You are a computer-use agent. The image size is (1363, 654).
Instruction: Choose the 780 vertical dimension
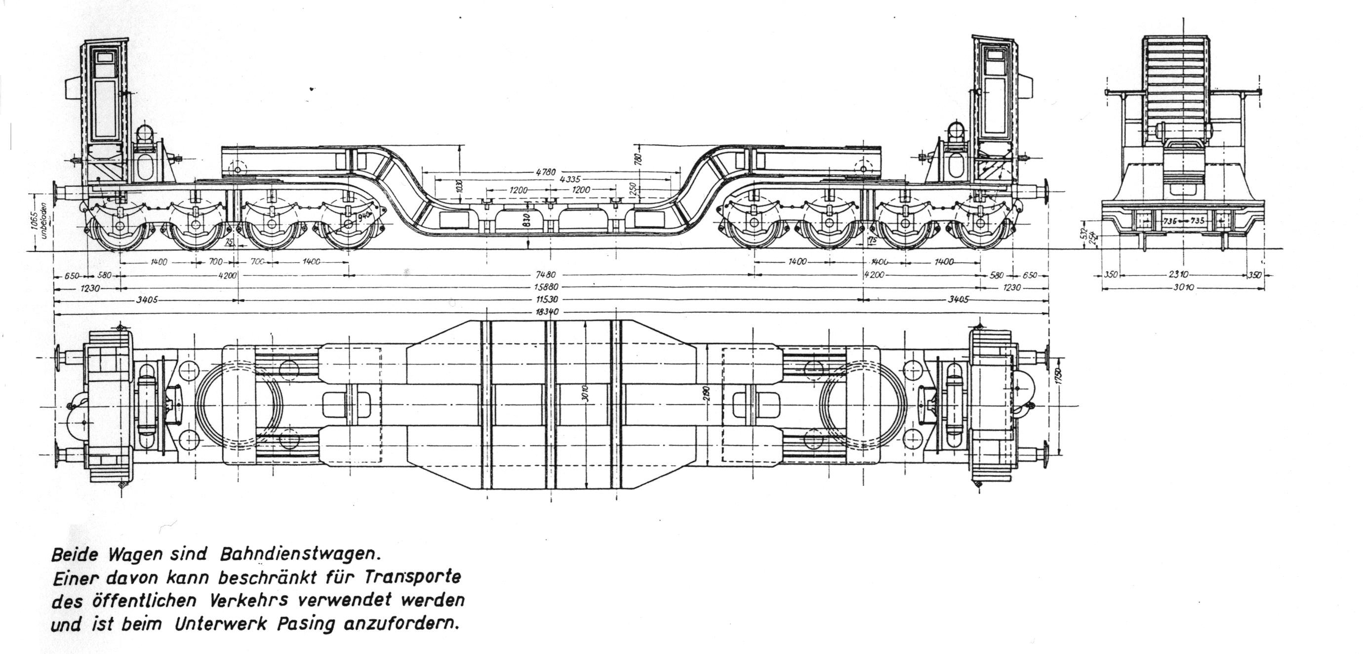point(639,157)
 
